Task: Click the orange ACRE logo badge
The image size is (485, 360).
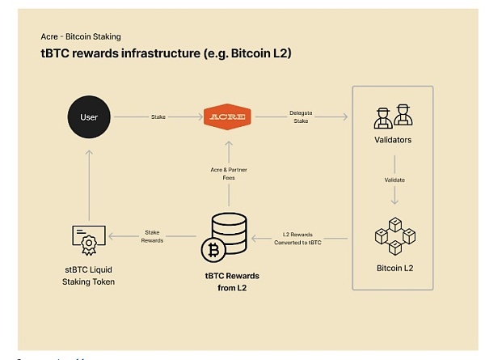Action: tap(230, 117)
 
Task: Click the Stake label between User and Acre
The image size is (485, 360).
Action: tap(158, 117)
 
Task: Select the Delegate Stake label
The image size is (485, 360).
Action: tap(301, 117)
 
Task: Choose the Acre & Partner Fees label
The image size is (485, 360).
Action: tap(230, 173)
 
